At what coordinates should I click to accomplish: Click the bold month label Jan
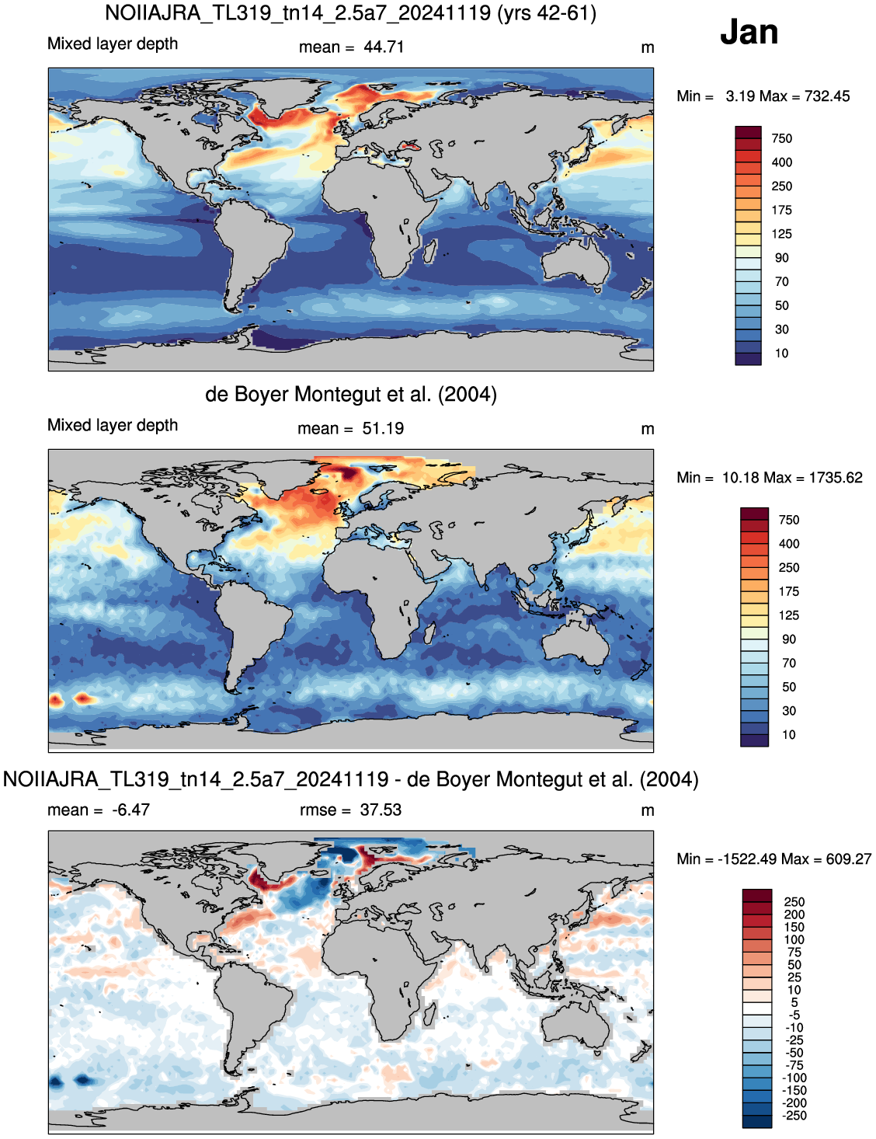pos(749,32)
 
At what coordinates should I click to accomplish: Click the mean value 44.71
pos(384,47)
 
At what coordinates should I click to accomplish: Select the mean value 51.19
pos(383,428)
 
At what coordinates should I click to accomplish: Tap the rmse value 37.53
pos(381,810)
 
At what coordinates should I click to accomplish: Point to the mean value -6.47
pos(130,810)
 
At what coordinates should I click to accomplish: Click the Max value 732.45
pos(827,96)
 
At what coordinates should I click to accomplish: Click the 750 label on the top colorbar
pos(782,138)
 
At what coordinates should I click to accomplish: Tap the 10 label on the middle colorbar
pos(788,735)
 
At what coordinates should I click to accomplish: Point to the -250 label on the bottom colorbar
pos(794,1116)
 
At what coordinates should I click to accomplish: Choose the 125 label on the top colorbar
pos(782,234)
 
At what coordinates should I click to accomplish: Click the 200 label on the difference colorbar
pos(794,914)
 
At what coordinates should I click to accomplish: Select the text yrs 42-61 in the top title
pos(545,13)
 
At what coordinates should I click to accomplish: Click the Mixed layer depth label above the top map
pos(113,44)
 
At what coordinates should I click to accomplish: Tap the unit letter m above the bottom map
pos(648,811)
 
